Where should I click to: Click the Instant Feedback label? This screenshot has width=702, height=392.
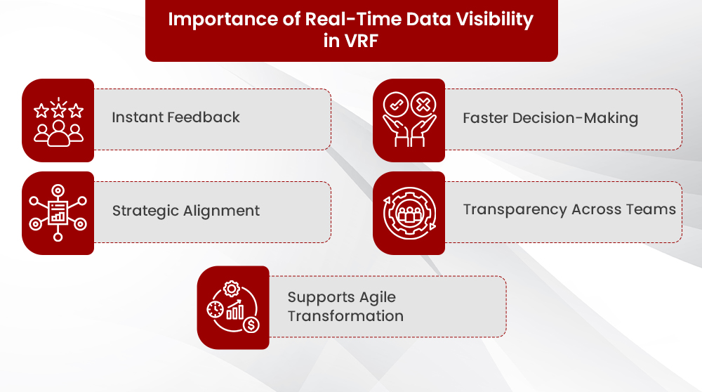coord(175,117)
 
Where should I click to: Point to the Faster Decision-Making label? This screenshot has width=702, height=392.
coord(550,118)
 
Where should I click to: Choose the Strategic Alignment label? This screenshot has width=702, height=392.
coord(185,211)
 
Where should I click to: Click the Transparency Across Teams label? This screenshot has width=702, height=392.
coord(569,209)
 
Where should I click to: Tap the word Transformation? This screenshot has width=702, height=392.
coord(345,316)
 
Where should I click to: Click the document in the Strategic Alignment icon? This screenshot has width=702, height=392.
coord(58,211)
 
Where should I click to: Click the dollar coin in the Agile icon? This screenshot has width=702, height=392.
coord(251,325)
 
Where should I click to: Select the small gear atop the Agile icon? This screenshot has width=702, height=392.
coord(231,288)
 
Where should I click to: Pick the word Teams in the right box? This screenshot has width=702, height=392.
coord(653,209)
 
